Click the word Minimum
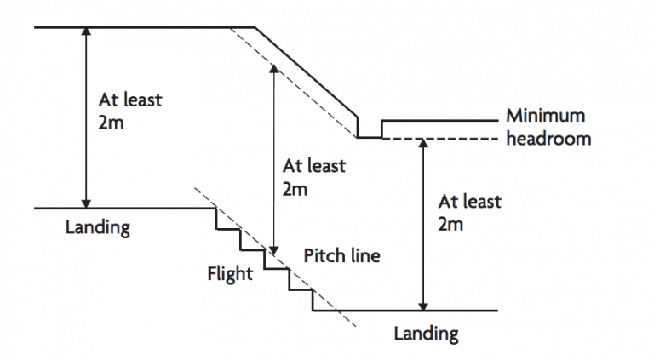[546, 115]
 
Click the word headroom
[548, 138]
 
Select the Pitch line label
[341, 255]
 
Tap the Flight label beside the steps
[230, 273]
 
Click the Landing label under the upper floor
[97, 228]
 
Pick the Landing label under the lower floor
[426, 333]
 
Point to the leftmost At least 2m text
[130, 110]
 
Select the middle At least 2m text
[314, 177]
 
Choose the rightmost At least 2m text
[469, 213]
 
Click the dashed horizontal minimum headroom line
[443, 139]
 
